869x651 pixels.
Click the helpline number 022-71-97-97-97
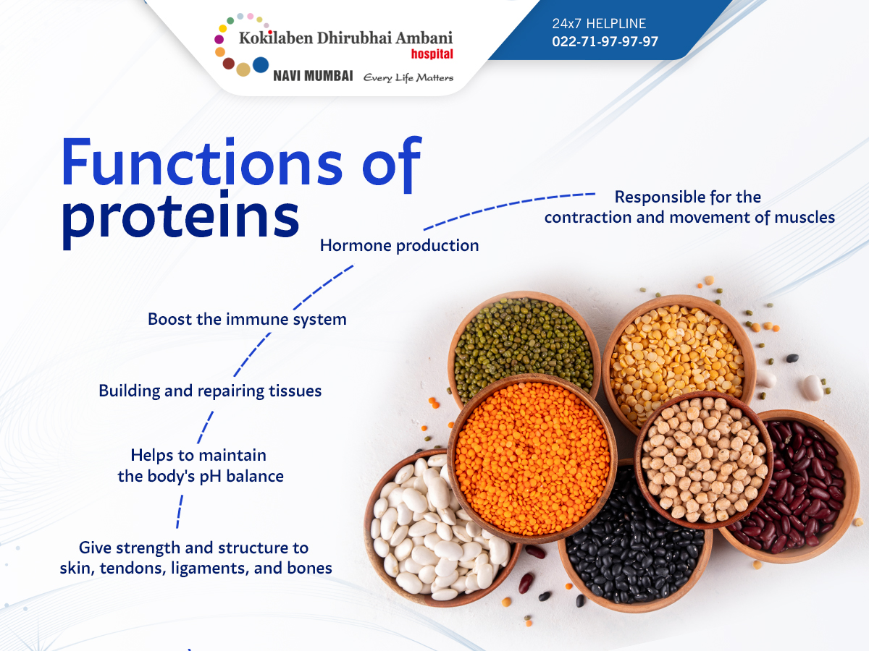click(605, 41)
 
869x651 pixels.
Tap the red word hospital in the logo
click(432, 54)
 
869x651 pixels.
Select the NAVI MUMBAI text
click(313, 76)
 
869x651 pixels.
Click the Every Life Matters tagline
click(408, 77)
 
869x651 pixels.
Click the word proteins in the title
click(180, 219)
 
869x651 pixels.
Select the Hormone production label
click(400, 245)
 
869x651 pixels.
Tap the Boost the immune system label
click(247, 319)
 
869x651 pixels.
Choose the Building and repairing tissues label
click(210, 391)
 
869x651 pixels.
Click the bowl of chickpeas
click(705, 460)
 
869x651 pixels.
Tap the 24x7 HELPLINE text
click(599, 24)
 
